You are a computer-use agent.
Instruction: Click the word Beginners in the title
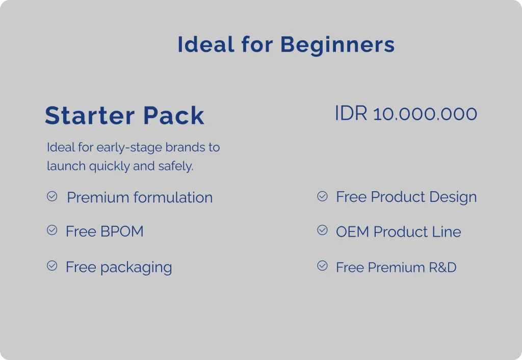(x=337, y=45)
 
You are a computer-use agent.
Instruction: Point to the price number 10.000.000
(x=425, y=114)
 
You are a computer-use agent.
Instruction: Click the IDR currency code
(x=351, y=113)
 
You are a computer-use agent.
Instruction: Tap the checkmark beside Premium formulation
(x=52, y=196)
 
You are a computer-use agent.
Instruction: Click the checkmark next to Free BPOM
(x=52, y=230)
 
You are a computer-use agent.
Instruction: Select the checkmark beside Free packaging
(x=52, y=266)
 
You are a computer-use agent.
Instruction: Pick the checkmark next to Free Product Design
(x=322, y=196)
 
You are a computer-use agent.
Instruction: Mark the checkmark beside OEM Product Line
(x=322, y=230)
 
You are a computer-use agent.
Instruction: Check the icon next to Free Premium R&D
(x=322, y=266)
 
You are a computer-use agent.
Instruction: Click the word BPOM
(x=122, y=232)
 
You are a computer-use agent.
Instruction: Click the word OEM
(x=352, y=232)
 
